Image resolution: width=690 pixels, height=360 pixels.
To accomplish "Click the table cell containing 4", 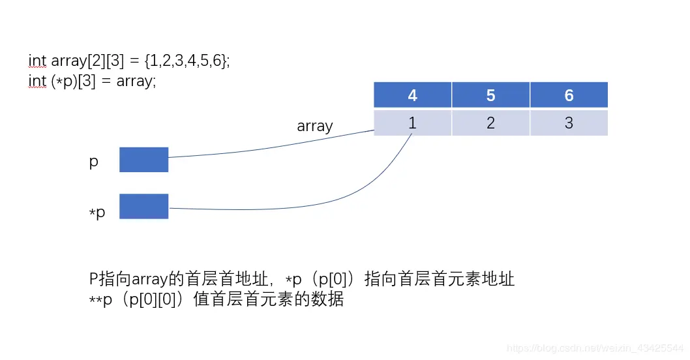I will click(x=412, y=95).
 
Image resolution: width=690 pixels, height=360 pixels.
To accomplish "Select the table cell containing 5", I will click(x=490, y=95).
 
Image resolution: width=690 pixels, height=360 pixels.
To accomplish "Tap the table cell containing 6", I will click(x=569, y=95).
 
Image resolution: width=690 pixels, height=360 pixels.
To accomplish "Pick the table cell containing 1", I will click(x=412, y=123).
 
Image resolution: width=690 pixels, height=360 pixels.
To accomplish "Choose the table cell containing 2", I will click(x=490, y=123).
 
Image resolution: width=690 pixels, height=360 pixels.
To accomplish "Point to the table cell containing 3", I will click(x=569, y=123).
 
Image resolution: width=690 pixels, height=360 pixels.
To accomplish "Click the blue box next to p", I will click(x=143, y=160).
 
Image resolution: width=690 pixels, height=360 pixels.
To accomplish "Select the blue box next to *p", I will click(x=143, y=206).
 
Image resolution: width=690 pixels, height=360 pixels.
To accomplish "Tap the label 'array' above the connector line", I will click(x=314, y=127).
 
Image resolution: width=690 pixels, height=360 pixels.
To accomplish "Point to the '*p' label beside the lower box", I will click(x=97, y=213).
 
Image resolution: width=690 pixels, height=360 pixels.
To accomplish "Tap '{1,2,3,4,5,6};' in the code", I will click(x=188, y=61).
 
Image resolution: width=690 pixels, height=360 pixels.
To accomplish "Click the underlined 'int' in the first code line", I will click(x=37, y=61).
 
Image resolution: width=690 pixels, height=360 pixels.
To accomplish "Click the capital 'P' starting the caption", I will click(x=94, y=280).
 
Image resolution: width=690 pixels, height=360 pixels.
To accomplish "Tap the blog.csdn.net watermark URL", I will click(x=595, y=349).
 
